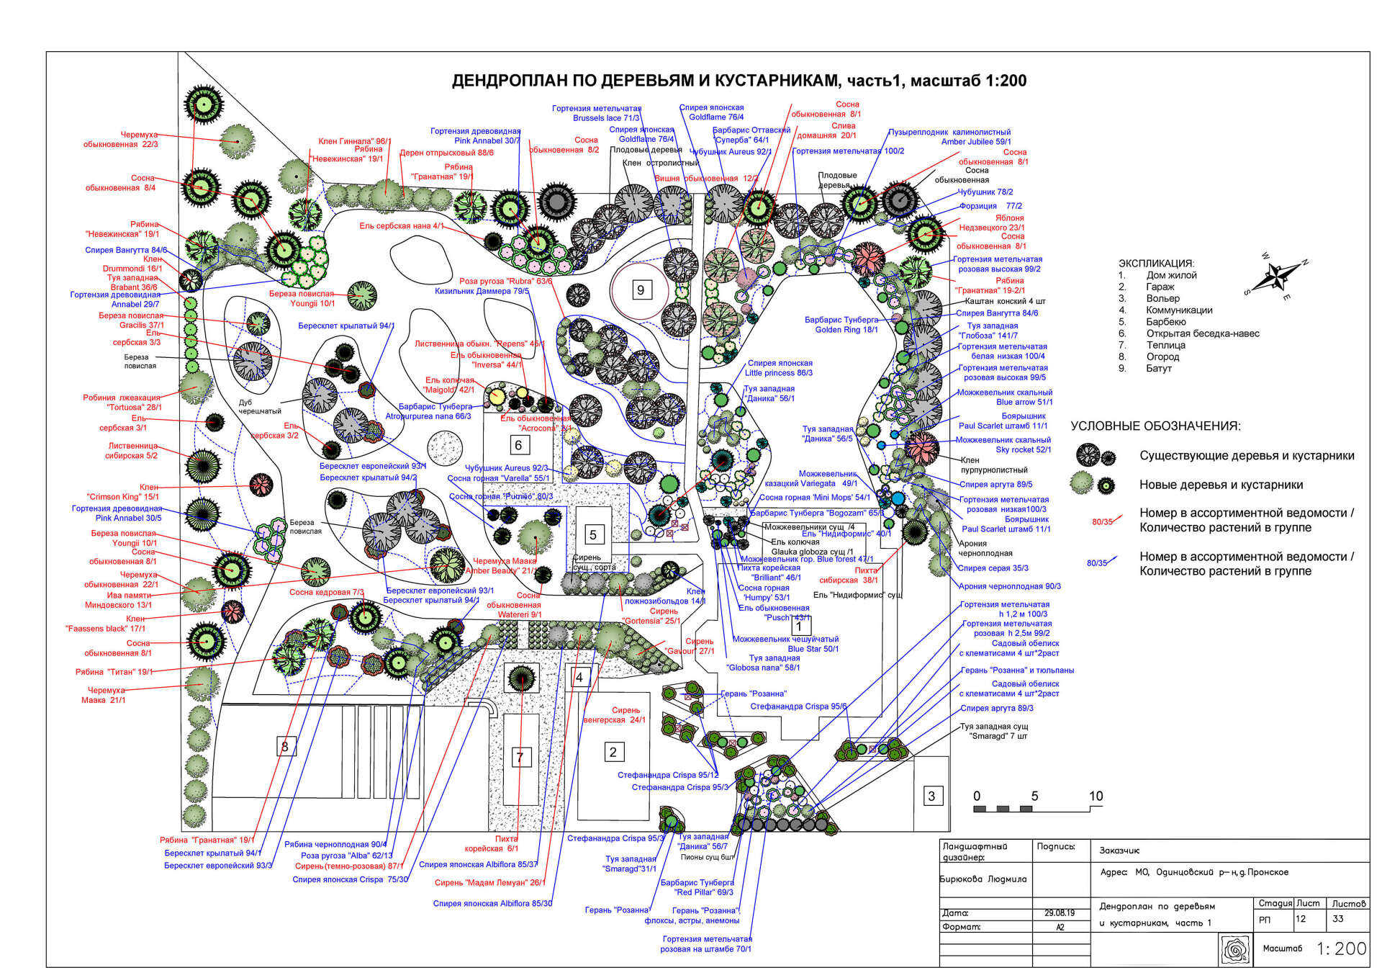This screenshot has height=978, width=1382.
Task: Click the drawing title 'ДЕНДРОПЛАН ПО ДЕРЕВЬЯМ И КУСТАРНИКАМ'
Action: pyautogui.click(x=739, y=81)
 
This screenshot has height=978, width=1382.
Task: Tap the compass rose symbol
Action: pyautogui.click(x=1277, y=277)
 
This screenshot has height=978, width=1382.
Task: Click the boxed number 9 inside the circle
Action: pyautogui.click(x=641, y=290)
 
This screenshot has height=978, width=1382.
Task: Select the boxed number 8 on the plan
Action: pyautogui.click(x=285, y=746)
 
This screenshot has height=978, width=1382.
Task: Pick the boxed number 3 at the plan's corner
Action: pyautogui.click(x=932, y=796)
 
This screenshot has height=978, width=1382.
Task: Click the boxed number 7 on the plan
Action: pyautogui.click(x=520, y=757)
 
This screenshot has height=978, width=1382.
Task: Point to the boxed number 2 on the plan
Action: pyautogui.click(x=613, y=752)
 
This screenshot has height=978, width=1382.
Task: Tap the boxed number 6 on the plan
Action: pyautogui.click(x=518, y=445)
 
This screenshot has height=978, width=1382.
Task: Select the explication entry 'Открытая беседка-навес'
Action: pyautogui.click(x=1202, y=333)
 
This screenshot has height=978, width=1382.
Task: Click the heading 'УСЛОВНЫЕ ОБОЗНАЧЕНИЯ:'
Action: pyautogui.click(x=1155, y=426)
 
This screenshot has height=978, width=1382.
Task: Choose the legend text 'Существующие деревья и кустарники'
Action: pyautogui.click(x=1246, y=456)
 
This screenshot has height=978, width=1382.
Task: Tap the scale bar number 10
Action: pyautogui.click(x=1096, y=796)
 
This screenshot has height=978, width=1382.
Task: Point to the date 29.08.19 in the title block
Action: pyautogui.click(x=1060, y=912)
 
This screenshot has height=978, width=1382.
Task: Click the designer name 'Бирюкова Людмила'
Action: pyautogui.click(x=983, y=879)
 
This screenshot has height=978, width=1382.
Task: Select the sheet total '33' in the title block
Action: pyautogui.click(x=1338, y=919)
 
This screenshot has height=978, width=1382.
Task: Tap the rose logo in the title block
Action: pyautogui.click(x=1236, y=949)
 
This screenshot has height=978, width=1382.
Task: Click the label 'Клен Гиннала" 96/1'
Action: pyautogui.click(x=354, y=141)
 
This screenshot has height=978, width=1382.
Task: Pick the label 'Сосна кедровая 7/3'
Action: pyautogui.click(x=326, y=592)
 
